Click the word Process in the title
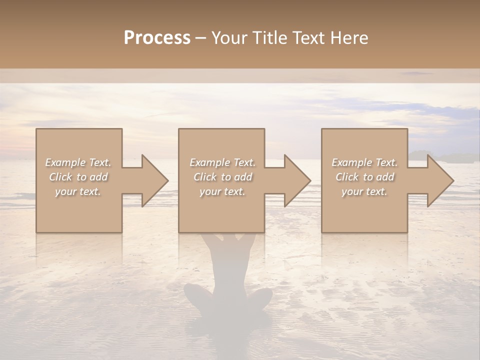(157, 38)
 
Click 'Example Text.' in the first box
(78, 162)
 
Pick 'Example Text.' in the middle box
(222, 162)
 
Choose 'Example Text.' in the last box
(364, 162)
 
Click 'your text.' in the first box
(78, 191)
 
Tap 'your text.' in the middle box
(222, 191)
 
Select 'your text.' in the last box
(364, 191)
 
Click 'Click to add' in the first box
(78, 177)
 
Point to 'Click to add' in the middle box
(222, 177)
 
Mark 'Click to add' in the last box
(364, 177)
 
